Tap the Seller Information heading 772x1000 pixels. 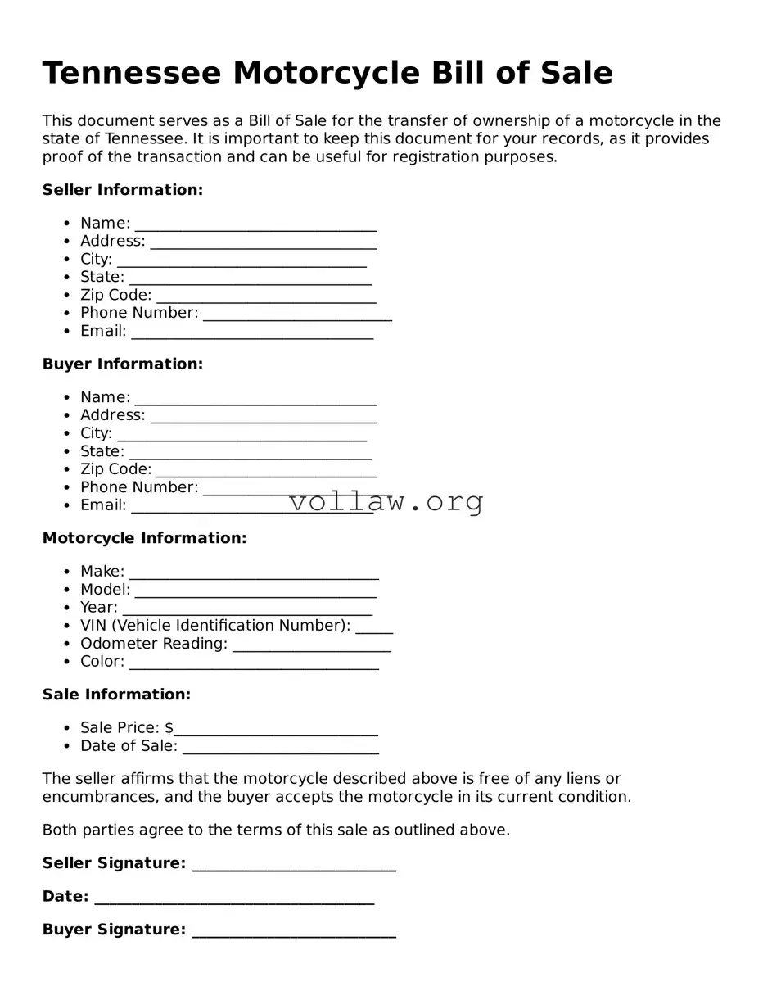(122, 190)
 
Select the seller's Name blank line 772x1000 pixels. (255, 225)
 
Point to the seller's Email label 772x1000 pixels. (103, 331)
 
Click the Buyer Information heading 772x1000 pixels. (122, 364)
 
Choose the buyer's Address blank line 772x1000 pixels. (263, 417)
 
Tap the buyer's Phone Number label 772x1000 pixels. (139, 487)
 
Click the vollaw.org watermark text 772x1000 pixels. (386, 501)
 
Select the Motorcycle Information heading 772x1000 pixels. (144, 538)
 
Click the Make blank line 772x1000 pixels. (254, 573)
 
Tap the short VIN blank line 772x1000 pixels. (374, 627)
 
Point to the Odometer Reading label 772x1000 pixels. (154, 644)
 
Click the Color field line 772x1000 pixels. (254, 663)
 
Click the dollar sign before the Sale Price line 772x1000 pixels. (169, 728)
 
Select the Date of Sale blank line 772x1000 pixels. (280, 748)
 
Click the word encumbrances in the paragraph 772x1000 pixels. (92, 797)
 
